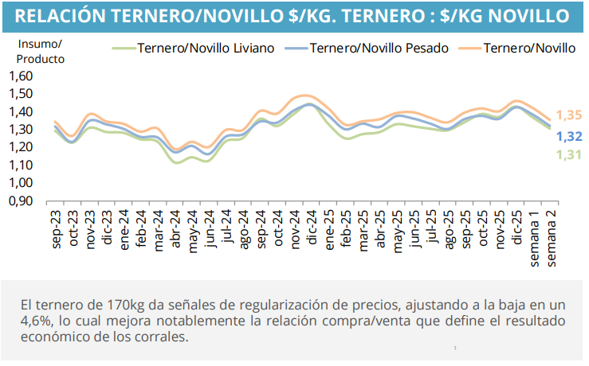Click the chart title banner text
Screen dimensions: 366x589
point(293,16)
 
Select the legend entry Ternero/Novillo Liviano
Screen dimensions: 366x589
point(205,48)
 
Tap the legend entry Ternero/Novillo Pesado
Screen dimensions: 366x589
point(379,48)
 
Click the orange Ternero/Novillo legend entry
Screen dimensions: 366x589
point(528,48)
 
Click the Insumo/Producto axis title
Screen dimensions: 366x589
point(40,51)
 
